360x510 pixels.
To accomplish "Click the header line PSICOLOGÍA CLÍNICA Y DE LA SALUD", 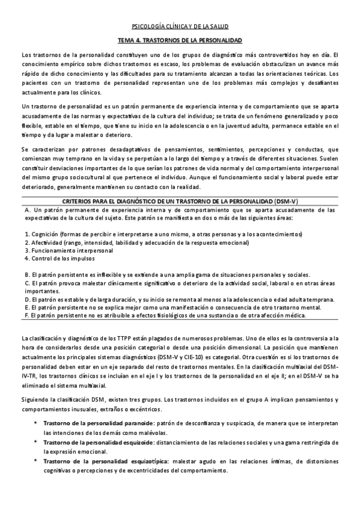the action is [180, 26].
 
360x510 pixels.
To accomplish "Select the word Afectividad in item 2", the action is [48, 242].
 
